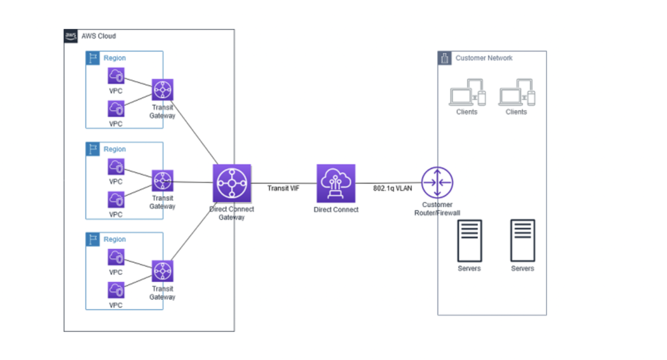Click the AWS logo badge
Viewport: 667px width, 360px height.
coord(71,36)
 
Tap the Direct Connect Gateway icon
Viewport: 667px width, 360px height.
coord(232,183)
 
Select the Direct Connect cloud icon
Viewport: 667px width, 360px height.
coord(336,183)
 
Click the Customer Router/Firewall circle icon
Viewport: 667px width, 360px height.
coord(437,182)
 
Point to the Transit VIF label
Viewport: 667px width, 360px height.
coord(283,188)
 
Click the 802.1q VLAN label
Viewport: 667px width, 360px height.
coord(392,188)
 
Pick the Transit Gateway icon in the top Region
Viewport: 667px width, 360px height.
coord(162,89)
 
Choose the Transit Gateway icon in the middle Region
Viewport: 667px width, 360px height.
coord(162,181)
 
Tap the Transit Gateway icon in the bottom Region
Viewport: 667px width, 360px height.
coord(162,271)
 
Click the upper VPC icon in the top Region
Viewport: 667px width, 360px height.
coord(116,76)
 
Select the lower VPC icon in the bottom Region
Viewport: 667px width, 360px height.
coord(116,290)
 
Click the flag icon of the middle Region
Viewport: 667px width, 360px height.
coord(93,149)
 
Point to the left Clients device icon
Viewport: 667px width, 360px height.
coord(467,92)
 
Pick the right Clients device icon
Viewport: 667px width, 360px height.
coord(516,92)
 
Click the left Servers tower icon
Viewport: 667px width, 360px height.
coord(470,241)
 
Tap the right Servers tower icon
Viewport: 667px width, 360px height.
coord(522,241)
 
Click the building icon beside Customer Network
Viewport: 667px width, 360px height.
coord(445,58)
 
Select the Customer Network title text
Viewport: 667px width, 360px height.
coord(484,58)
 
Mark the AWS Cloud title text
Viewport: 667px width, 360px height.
coord(98,36)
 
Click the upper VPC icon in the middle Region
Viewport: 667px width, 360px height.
coord(116,167)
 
